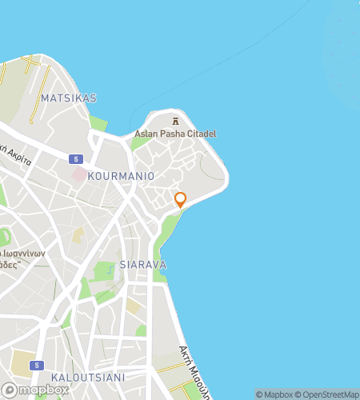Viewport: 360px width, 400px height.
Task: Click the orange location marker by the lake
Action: [180, 199]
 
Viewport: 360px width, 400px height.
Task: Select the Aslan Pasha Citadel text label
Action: [175, 134]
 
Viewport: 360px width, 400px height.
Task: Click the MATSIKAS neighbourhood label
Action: [68, 98]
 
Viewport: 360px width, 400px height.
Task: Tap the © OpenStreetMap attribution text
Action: [328, 394]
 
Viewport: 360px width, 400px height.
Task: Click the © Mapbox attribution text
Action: [274, 394]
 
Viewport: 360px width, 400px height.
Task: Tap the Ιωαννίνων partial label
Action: [24, 254]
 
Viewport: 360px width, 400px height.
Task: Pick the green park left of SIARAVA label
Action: [104, 272]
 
